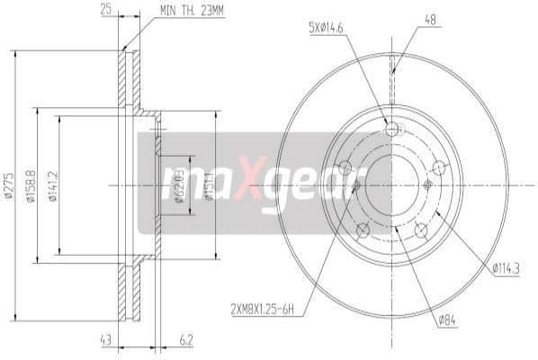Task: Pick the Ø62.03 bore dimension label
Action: click(179, 185)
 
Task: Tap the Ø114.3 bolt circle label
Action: click(509, 266)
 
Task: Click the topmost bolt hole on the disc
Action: click(391, 130)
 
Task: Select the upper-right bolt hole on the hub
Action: click(439, 167)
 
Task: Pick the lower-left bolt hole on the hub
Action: click(363, 230)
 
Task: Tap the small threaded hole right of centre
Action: click(427, 185)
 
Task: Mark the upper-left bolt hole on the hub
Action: click(344, 167)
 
